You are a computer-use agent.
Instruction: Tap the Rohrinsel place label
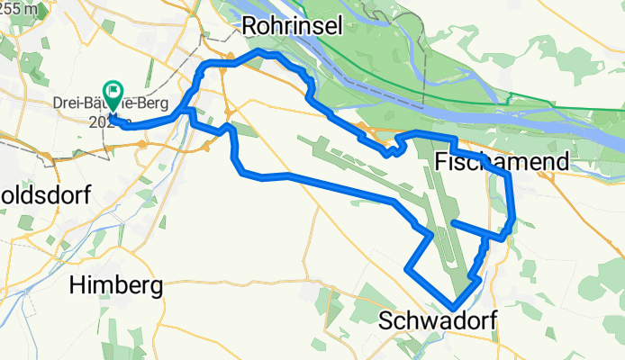coord(293,29)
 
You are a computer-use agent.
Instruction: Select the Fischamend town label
coord(502,162)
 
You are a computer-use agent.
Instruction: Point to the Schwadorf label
coord(438,321)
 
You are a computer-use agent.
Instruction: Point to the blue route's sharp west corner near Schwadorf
coord(409,268)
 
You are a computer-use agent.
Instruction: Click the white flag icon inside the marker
coord(114,89)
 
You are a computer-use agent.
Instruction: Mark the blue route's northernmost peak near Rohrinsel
coord(262,52)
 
